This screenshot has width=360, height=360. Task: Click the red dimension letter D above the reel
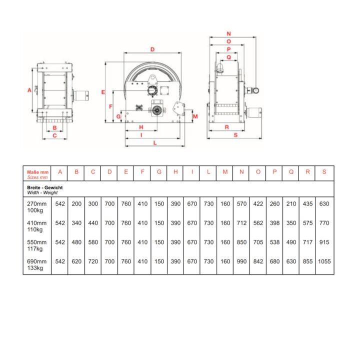tap(152, 49)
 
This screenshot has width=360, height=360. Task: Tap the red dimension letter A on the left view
tap(29, 90)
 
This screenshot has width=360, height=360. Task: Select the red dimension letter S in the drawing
tap(235, 135)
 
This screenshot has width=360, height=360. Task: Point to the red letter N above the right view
tap(228, 34)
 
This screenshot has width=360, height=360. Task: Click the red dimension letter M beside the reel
tap(195, 116)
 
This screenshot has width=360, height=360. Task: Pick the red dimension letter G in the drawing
tap(118, 116)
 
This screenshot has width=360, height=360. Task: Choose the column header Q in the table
tap(291, 171)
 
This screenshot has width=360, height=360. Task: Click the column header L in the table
tap(208, 171)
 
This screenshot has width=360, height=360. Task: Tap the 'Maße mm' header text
tap(38, 172)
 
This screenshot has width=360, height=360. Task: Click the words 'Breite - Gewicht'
tap(45, 187)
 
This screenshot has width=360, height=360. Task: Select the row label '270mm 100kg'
tap(36, 207)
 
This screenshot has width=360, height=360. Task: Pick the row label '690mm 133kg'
tap(36, 264)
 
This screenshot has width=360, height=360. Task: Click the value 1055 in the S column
tap(324, 261)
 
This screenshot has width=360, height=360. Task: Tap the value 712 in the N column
tap(241, 223)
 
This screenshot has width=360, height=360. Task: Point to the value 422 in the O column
tap(258, 203)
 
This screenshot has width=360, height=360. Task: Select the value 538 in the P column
tap(274, 242)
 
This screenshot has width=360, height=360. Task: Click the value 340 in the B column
tap(76, 223)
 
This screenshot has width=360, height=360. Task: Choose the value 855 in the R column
tap(307, 261)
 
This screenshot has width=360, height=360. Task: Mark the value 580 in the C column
tap(93, 242)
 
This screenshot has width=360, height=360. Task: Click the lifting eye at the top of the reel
tap(152, 79)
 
